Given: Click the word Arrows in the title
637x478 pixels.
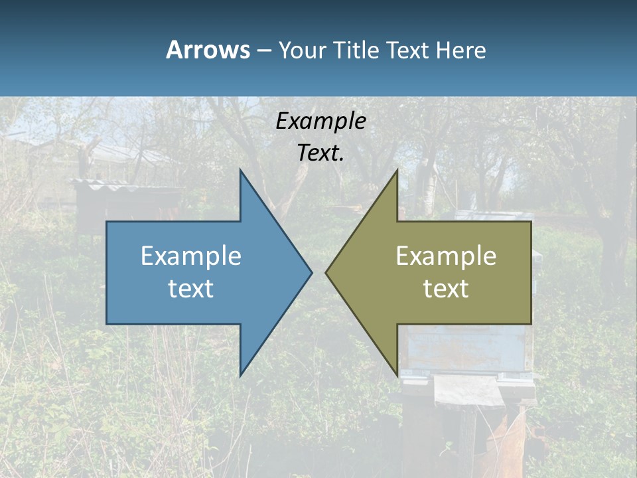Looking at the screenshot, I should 208,50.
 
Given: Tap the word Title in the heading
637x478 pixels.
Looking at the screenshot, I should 355,50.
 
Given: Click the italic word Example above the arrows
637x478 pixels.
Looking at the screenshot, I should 320,121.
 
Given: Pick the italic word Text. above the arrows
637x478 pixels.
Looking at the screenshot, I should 320,153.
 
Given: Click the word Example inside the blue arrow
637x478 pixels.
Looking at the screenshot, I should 191,256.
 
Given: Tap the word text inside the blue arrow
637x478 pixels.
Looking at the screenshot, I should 191,289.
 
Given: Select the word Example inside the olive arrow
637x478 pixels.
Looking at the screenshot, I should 446,256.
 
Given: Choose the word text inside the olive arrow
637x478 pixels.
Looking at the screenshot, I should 446,289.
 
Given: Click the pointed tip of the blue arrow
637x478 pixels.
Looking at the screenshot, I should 311,272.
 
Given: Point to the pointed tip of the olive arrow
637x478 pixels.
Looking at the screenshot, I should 326,272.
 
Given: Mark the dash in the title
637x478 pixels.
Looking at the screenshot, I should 263,50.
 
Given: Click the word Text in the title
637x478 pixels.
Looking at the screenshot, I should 408,50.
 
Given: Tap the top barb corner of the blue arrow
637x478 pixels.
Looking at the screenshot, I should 240,170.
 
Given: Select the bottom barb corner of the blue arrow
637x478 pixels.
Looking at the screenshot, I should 240,375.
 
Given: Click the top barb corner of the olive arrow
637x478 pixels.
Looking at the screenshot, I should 397,170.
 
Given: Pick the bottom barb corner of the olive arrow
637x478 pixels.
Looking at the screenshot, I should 397,375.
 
